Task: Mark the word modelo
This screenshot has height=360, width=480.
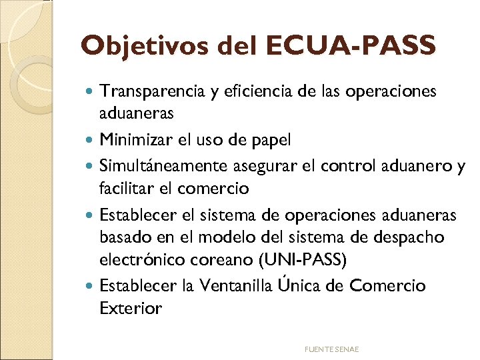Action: click(243, 237)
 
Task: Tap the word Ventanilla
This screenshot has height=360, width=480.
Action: click(231, 286)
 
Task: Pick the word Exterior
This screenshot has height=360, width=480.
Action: click(131, 309)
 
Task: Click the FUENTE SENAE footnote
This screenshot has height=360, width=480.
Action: click(331, 349)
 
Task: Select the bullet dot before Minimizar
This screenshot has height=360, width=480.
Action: click(91, 141)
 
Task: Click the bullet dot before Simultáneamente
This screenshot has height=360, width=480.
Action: click(91, 165)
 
